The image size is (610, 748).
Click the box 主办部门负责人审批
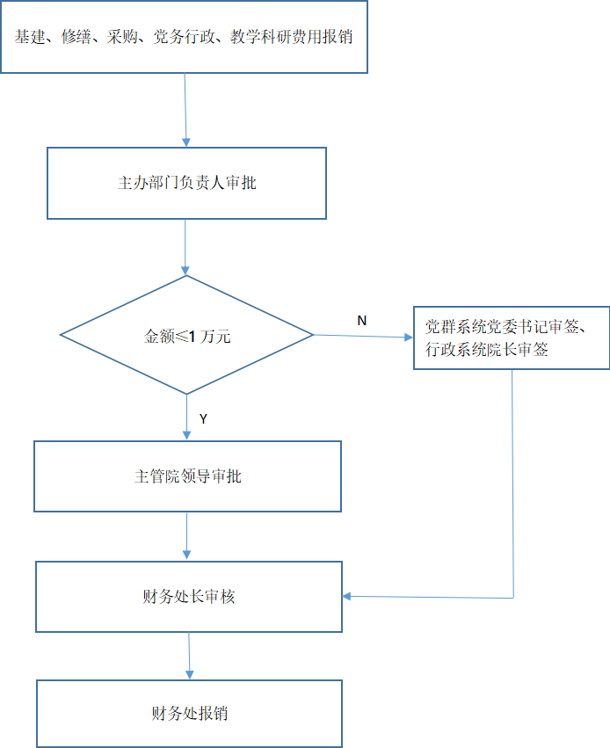(186, 183)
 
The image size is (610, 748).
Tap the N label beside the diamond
(361, 321)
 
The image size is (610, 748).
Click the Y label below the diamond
(203, 419)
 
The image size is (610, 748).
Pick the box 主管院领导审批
(187, 476)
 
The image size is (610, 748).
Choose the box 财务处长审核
(188, 597)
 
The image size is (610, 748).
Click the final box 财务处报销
(189, 713)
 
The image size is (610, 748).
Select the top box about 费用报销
(184, 37)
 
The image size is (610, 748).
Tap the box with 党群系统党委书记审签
(511, 338)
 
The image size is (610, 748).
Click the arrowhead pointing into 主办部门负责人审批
(185, 141)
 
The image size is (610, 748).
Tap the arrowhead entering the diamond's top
(185, 270)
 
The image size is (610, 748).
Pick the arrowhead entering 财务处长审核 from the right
(348, 597)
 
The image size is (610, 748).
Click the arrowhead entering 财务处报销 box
(189, 673)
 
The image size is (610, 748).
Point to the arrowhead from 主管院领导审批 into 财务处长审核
(187, 555)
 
